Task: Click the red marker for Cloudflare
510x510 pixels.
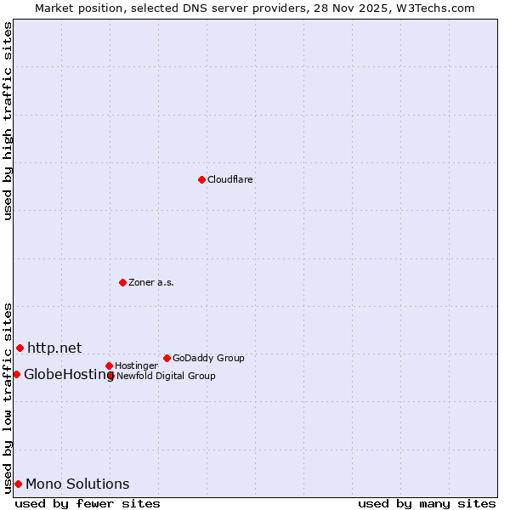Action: click(201, 179)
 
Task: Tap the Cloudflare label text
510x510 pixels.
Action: click(230, 180)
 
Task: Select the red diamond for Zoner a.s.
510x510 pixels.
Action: click(122, 282)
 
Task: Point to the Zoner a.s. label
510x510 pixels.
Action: click(151, 283)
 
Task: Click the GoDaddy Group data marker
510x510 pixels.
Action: click(167, 358)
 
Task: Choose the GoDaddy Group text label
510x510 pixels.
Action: click(208, 359)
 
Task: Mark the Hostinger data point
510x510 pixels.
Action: click(109, 365)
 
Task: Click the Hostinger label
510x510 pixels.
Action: click(136, 366)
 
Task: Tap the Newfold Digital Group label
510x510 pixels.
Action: click(166, 376)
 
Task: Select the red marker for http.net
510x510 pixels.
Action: click(20, 348)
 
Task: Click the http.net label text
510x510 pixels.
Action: click(54, 348)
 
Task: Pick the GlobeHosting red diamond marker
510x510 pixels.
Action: click(16, 374)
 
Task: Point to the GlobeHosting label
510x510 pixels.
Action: click(68, 375)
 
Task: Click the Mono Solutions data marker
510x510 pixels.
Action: click(18, 484)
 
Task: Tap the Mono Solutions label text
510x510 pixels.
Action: click(77, 484)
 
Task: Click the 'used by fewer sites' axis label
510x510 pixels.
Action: click(88, 503)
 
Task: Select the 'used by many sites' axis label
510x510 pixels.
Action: click(427, 503)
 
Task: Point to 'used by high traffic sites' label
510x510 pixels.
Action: click(8, 121)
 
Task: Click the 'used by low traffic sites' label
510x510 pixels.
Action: click(8, 398)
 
